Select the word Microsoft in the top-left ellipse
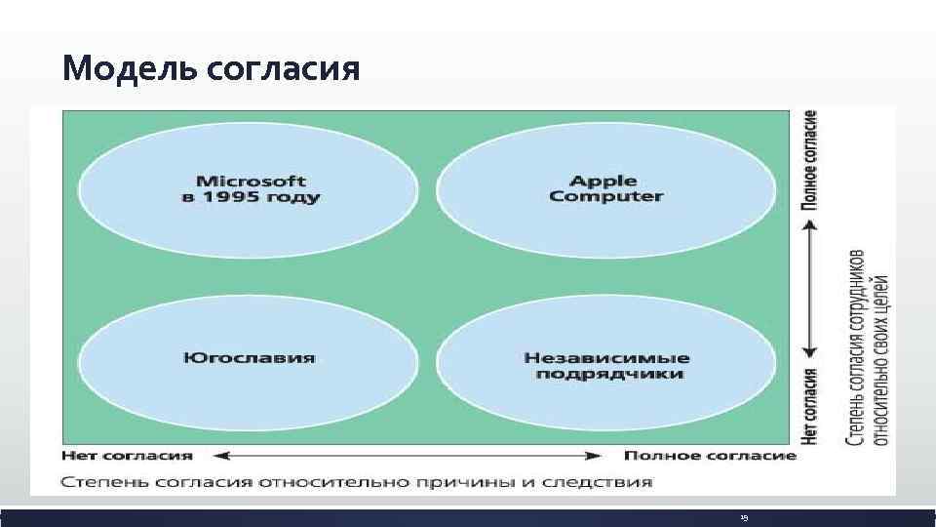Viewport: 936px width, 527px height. [251, 181]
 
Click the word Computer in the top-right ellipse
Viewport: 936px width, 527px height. [605, 196]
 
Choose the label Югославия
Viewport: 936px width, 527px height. [249, 357]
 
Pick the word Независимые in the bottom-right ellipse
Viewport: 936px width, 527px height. [605, 357]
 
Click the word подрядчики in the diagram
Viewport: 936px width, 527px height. [605, 374]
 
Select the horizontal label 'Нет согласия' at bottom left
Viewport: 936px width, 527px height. [127, 456]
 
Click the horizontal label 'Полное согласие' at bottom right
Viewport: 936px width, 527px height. [710, 456]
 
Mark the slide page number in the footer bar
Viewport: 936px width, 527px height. [743, 518]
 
